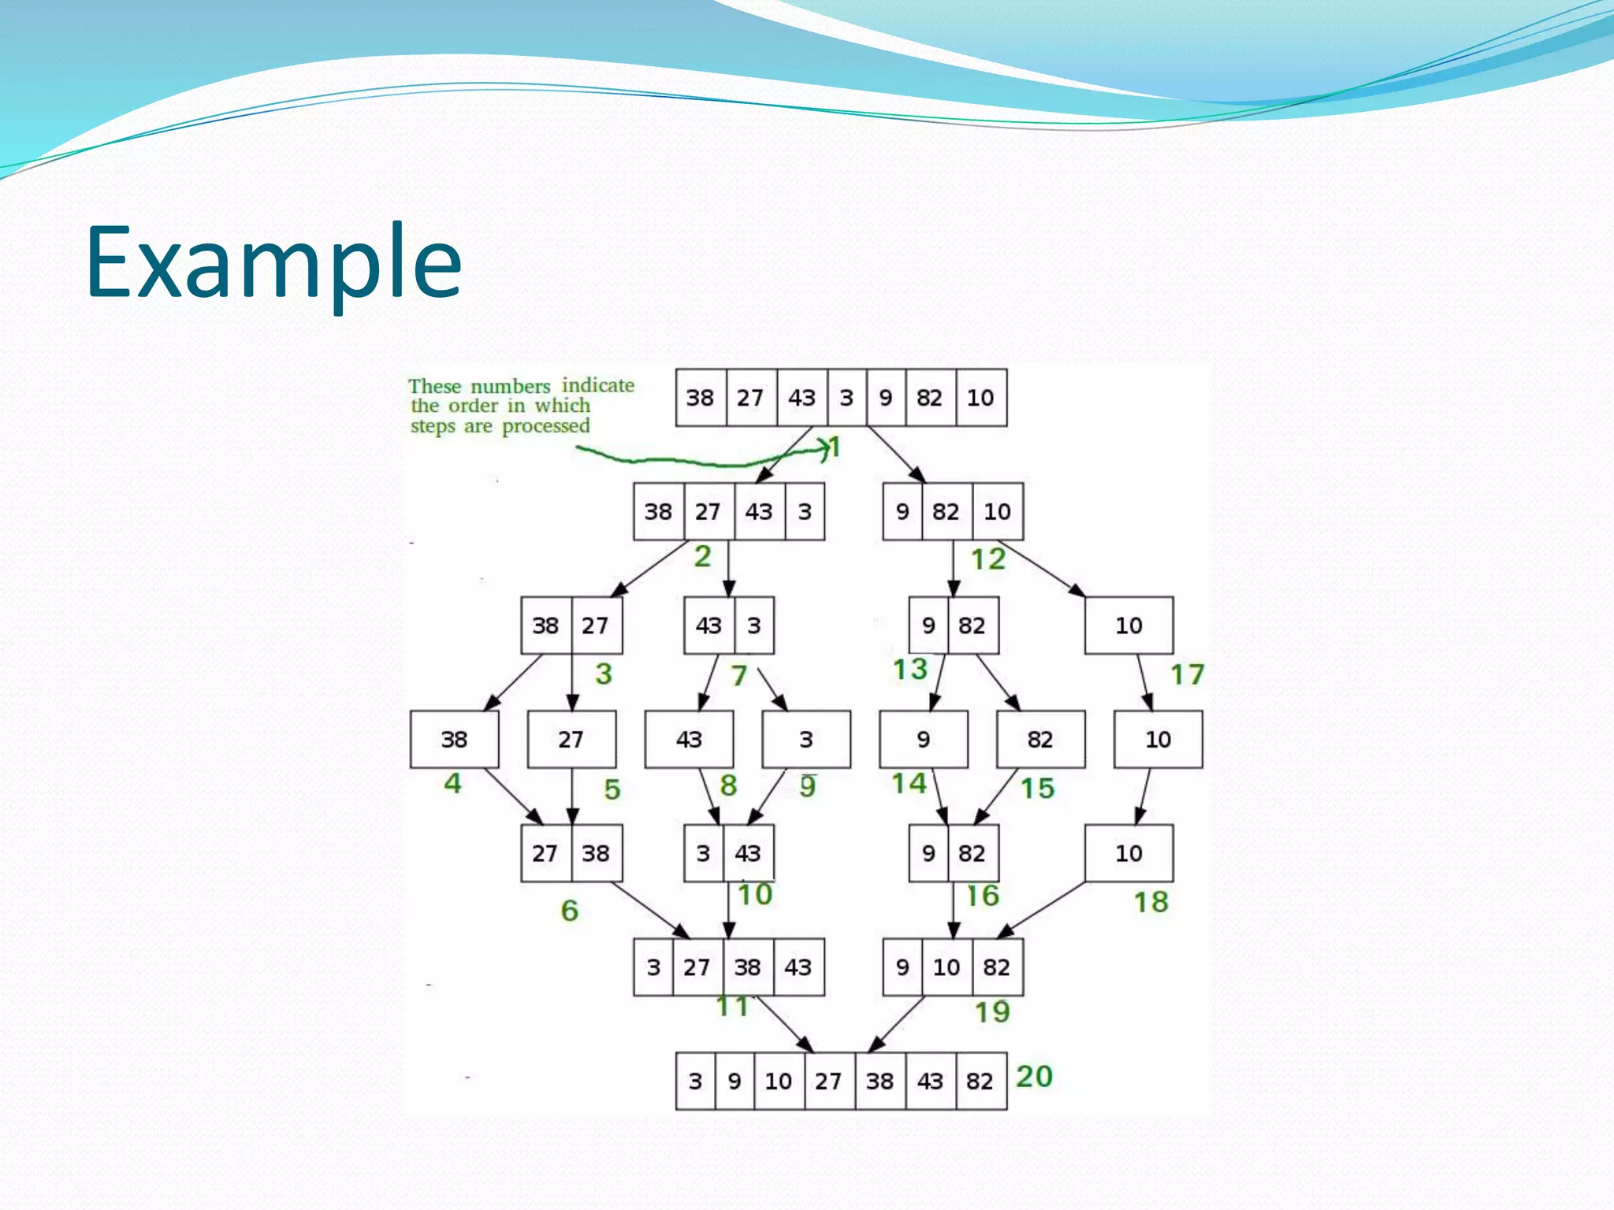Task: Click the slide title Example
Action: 273,262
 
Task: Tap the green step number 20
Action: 1034,1076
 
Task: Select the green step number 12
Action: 988,559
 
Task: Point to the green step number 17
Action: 1187,674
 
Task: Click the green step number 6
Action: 569,911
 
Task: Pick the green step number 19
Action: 992,1011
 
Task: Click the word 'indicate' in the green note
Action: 597,385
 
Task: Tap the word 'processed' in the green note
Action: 545,426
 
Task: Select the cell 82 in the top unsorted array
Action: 929,398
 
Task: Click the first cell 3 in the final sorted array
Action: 695,1081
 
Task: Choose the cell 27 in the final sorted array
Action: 828,1081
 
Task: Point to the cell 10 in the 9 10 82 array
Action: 946,967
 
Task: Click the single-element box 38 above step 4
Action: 454,740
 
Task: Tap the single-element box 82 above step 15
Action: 1040,740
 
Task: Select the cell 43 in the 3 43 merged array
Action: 748,853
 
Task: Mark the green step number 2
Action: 702,557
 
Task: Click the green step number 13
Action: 910,670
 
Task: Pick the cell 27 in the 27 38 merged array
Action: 545,853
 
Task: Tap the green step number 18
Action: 1151,902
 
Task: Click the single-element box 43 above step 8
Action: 689,740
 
